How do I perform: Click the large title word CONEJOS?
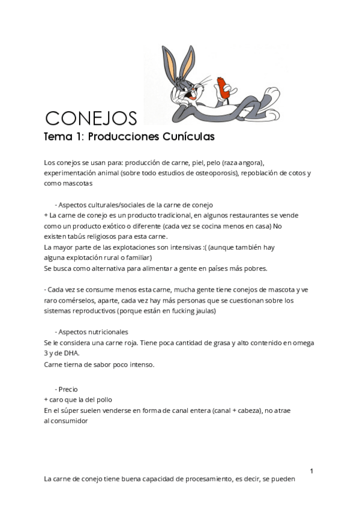(91, 116)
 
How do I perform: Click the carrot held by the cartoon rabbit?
(223, 86)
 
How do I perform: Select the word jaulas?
(203, 311)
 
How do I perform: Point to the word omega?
(301, 343)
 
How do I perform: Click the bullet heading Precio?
(68, 389)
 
